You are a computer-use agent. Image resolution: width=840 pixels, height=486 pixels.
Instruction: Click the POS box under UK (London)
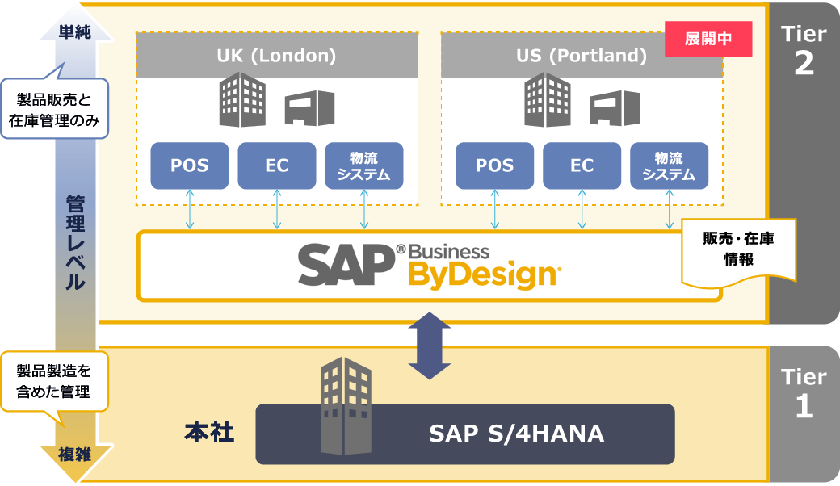190,165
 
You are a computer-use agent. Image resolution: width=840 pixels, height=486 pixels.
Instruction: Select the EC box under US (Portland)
582,165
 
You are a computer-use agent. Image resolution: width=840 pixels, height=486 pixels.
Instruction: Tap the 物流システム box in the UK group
363,165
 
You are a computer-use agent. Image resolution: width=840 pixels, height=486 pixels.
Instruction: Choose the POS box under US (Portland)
494,165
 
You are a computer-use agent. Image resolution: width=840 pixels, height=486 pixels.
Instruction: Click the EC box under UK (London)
277,165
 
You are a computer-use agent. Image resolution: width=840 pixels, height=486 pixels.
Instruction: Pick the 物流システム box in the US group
669,165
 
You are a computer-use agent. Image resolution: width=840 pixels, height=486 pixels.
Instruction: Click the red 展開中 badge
708,40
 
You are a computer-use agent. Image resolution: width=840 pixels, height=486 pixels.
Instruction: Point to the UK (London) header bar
276,56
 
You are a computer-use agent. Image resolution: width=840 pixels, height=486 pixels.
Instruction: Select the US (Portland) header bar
582,56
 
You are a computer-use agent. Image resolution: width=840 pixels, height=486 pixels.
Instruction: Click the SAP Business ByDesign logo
429,264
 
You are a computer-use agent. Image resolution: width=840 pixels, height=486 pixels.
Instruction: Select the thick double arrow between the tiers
430,346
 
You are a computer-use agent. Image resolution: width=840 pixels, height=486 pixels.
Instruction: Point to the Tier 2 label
804,50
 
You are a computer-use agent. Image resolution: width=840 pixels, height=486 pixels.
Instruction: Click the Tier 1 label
804,393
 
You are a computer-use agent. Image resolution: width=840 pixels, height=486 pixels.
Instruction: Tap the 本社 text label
209,433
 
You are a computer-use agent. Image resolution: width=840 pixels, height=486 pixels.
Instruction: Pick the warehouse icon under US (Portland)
615,107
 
